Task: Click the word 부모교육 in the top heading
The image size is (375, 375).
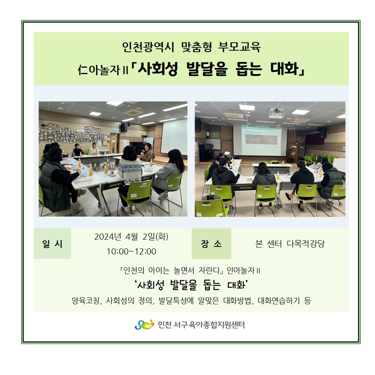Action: (x=239, y=46)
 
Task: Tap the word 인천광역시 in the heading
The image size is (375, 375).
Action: (x=148, y=46)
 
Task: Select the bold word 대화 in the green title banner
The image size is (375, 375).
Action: (x=285, y=69)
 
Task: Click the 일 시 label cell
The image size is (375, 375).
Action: (x=53, y=244)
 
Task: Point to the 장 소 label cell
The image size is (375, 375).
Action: (x=211, y=244)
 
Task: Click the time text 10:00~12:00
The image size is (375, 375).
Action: (x=131, y=251)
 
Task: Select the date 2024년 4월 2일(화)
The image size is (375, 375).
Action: (x=131, y=237)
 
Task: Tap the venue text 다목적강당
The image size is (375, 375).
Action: (x=306, y=244)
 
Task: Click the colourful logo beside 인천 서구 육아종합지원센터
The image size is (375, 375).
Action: (x=144, y=325)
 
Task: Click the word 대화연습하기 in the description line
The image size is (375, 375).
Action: (x=279, y=301)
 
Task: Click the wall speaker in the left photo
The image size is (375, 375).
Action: (x=124, y=127)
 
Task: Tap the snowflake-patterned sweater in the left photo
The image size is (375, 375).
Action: (x=130, y=171)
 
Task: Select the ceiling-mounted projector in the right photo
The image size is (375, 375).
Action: (x=277, y=112)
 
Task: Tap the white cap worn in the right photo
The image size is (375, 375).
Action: (x=227, y=153)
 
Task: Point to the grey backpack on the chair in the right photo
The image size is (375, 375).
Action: (x=211, y=197)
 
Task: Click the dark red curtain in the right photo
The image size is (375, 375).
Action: (x=314, y=139)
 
